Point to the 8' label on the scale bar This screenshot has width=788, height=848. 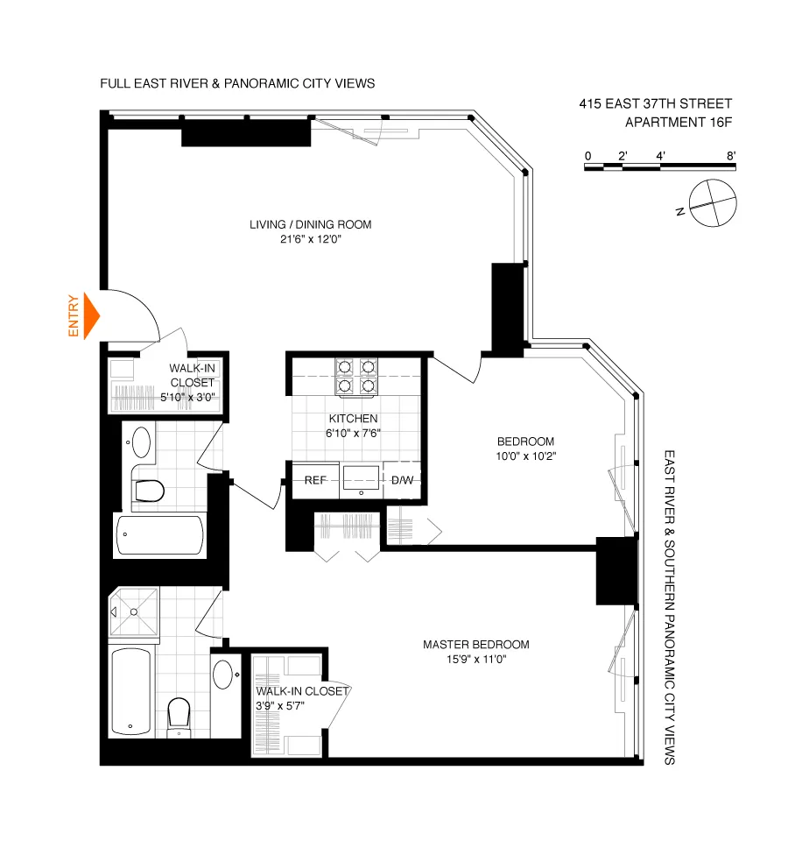730,156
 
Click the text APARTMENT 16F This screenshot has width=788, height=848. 679,123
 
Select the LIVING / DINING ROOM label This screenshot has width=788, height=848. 310,224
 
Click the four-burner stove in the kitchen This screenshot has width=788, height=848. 356,376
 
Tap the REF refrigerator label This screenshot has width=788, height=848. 315,480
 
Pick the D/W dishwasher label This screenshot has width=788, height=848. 403,480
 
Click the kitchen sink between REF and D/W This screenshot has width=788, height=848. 360,480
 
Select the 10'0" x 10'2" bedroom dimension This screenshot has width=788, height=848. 525,456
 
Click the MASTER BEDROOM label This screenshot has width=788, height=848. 475,645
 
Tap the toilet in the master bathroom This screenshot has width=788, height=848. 179,714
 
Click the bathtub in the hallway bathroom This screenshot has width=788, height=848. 160,535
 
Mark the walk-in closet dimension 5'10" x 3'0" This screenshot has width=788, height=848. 187,397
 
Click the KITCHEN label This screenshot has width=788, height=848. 354,419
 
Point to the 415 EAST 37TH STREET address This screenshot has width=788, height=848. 655,103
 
